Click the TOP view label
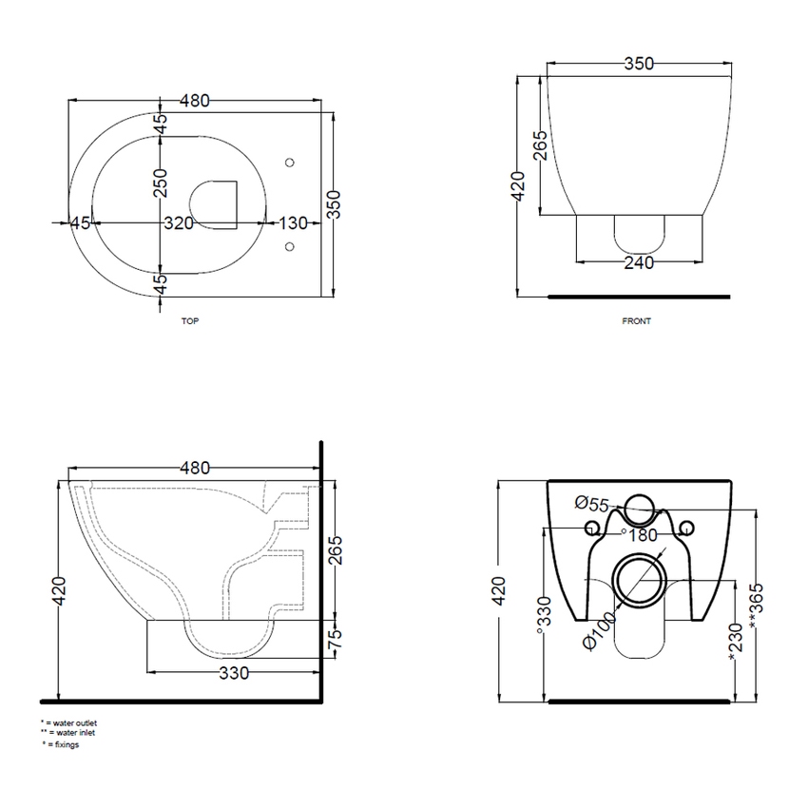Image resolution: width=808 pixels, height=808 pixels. coord(190,321)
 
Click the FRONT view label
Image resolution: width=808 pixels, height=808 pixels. coord(637,321)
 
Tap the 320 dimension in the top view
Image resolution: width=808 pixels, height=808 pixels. coord(178,223)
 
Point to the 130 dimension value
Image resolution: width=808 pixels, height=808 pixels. coord(293,223)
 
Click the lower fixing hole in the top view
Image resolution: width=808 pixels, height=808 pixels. coord(291,249)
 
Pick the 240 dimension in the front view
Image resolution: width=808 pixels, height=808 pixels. coord(639,263)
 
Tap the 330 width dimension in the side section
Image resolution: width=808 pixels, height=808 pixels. coord(234,674)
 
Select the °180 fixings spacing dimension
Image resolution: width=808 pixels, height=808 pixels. coord(638,534)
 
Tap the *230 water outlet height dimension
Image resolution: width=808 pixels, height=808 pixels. coord(733,643)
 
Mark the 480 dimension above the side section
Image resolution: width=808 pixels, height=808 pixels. coord(194,468)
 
